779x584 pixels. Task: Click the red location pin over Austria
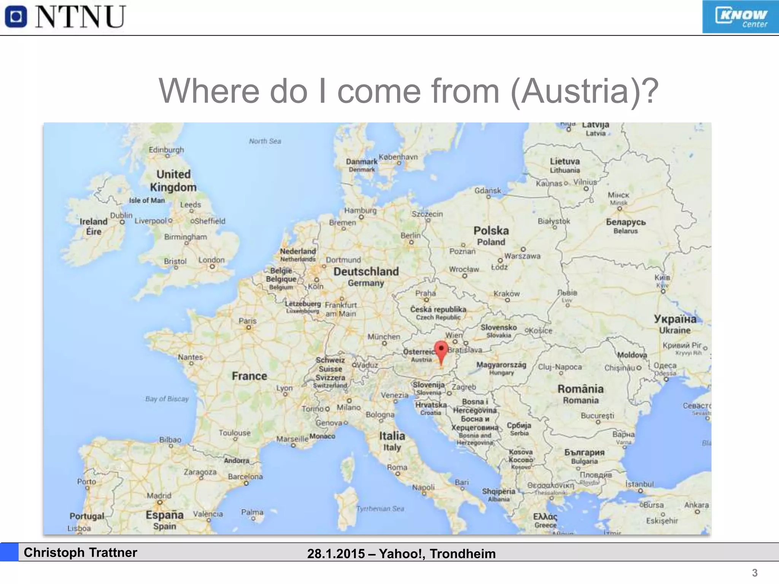point(441,351)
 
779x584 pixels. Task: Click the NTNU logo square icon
point(16,17)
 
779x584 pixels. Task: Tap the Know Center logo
point(740,17)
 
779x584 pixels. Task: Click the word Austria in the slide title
point(574,91)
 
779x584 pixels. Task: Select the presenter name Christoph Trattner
point(80,552)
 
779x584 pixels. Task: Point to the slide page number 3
point(755,573)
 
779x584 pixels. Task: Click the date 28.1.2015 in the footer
point(336,554)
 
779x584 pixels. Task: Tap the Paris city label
point(248,321)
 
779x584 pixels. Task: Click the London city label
point(211,260)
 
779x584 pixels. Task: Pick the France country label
point(250,376)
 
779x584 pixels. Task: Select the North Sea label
point(265,141)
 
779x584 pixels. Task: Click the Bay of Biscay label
point(167,399)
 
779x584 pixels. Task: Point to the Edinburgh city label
point(166,150)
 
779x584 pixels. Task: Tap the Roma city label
point(397,467)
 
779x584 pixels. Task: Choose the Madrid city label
point(159,496)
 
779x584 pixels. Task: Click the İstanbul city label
point(639,484)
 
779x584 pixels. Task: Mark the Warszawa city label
point(522,256)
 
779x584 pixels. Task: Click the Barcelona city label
point(245,476)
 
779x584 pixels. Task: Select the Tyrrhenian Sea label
point(380,509)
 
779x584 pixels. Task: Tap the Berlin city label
point(410,236)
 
